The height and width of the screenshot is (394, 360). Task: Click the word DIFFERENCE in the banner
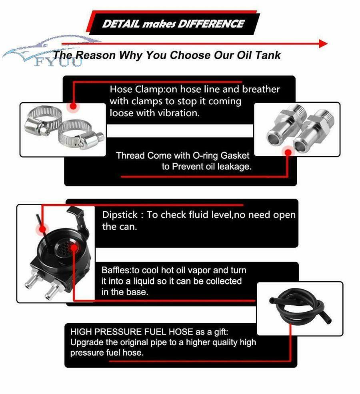click(211, 24)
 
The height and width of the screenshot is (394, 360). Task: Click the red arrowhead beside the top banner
click(323, 44)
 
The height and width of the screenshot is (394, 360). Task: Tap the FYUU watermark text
click(58, 62)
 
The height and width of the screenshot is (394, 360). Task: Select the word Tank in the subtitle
click(268, 55)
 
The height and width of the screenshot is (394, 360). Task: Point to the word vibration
click(179, 113)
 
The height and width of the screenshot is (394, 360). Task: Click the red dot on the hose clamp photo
click(73, 106)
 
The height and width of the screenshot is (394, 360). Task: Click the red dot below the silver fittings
click(288, 152)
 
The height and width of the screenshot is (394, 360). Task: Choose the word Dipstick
click(120, 215)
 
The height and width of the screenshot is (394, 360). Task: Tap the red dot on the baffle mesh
click(74, 248)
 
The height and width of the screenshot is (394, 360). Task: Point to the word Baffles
click(116, 270)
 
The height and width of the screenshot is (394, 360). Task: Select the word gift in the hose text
click(221, 332)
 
